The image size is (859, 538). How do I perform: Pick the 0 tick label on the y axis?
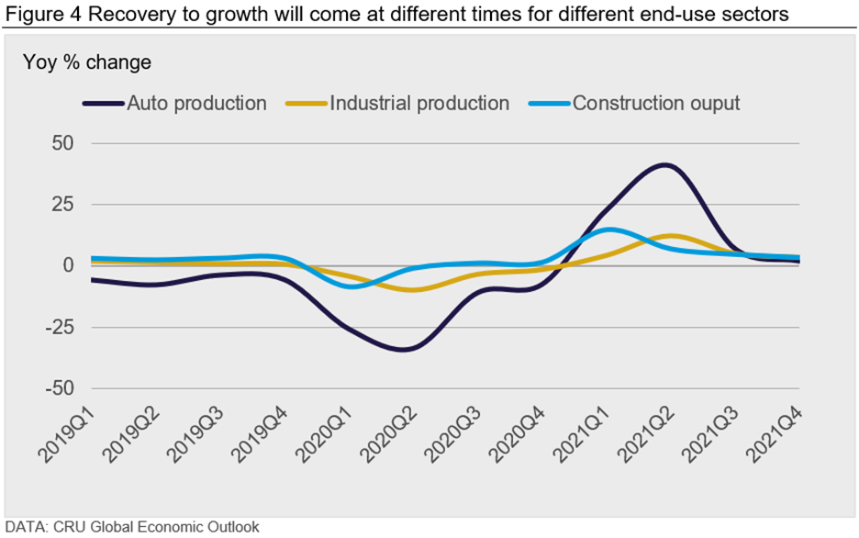68,265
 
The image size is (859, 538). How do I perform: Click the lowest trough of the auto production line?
404,350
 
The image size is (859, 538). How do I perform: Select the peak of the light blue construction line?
610,230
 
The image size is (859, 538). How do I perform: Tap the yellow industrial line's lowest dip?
415,290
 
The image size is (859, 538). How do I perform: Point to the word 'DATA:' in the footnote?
25,527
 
